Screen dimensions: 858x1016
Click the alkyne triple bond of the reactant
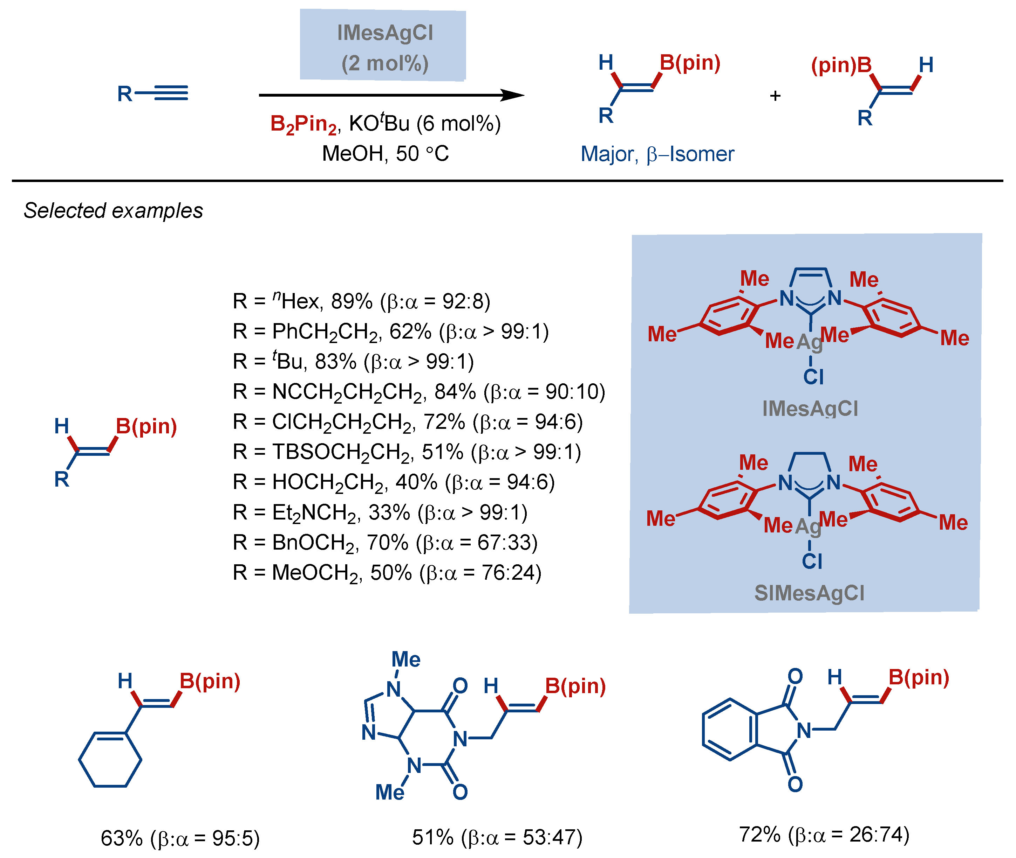pyautogui.click(x=170, y=93)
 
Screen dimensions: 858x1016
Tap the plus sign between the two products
pyautogui.click(x=775, y=96)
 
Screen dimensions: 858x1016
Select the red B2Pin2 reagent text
pyautogui.click(x=303, y=124)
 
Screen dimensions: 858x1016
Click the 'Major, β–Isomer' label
pyautogui.click(x=657, y=154)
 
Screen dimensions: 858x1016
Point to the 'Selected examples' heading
pyautogui.click(x=113, y=211)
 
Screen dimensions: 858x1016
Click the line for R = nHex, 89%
pyautogui.click(x=361, y=301)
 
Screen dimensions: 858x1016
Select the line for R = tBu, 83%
pyautogui.click(x=353, y=361)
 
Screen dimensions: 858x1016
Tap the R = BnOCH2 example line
pyautogui.click(x=384, y=542)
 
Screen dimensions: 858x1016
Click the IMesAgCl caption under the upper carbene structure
pyautogui.click(x=810, y=408)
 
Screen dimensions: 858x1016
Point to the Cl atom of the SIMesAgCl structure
pyautogui.click(x=812, y=561)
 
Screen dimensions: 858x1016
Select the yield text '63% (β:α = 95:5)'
pyautogui.click(x=180, y=838)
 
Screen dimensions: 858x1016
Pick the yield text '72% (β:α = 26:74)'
pyautogui.click(x=824, y=834)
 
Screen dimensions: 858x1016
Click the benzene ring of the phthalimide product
pyautogui.click(x=729, y=730)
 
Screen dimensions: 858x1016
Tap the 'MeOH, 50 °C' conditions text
pyautogui.click(x=385, y=154)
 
